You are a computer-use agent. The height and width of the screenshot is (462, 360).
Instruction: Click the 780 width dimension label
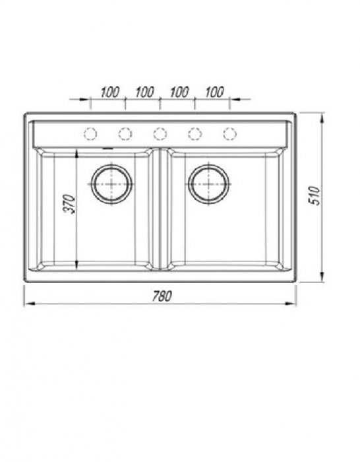[162, 296]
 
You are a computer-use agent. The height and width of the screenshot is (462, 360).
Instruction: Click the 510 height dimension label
[314, 195]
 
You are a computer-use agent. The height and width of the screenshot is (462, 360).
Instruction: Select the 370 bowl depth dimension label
[70, 203]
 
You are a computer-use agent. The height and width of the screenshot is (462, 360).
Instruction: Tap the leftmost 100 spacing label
[110, 92]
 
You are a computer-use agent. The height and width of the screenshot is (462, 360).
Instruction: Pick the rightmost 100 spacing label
[214, 92]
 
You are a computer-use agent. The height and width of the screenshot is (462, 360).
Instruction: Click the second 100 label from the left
[144, 92]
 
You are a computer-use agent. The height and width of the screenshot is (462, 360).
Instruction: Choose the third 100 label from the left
[179, 92]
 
